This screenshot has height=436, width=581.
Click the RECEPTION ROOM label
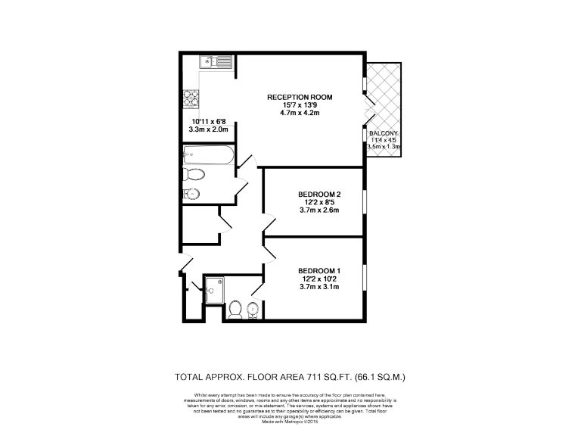300,98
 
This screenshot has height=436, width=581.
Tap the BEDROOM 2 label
319,195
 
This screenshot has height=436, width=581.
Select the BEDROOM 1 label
319,271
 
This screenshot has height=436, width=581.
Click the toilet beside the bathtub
194,176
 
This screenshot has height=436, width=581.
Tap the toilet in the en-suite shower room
235,309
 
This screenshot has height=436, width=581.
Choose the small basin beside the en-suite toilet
253,308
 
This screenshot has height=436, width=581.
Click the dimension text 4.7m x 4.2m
300,114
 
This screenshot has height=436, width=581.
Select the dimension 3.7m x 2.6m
319,210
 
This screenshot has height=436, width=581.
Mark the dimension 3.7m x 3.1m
319,287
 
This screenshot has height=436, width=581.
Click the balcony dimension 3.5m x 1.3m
384,147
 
